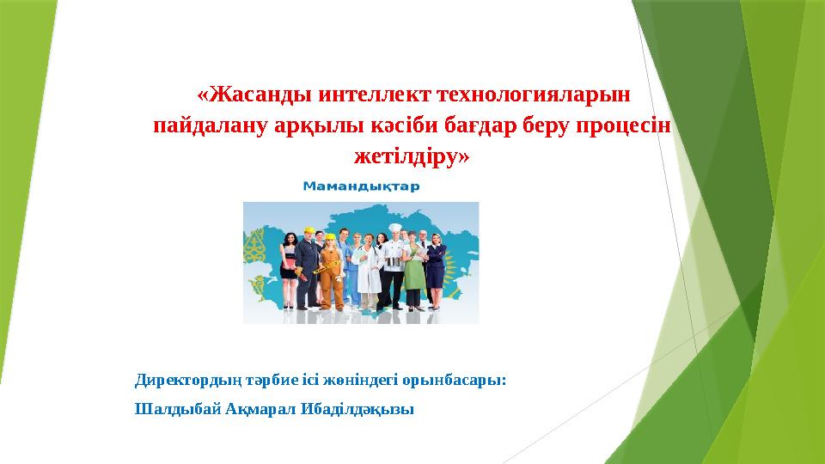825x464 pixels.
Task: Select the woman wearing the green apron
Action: pos(413,271)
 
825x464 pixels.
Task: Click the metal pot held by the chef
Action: pos(393,261)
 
